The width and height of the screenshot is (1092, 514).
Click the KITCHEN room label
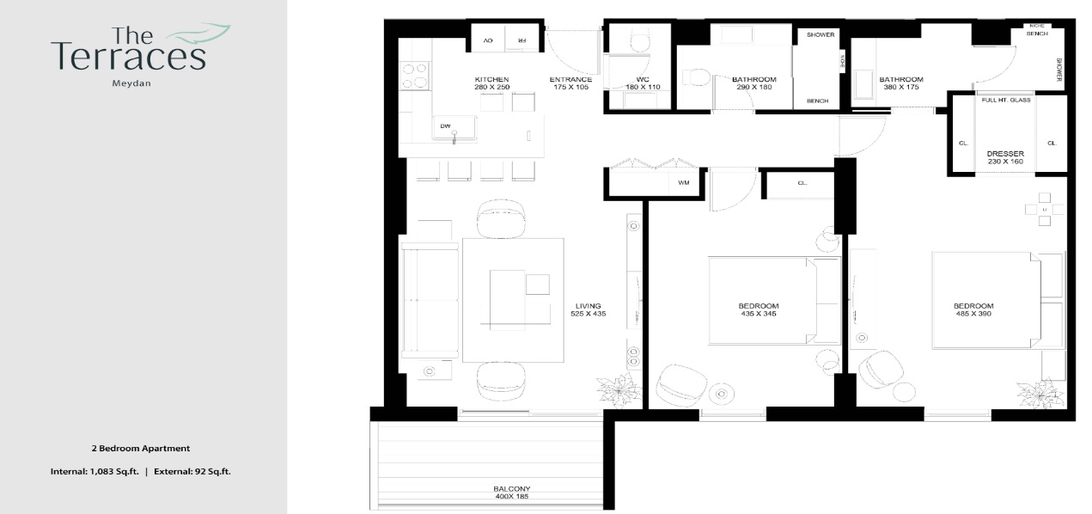pos(492,79)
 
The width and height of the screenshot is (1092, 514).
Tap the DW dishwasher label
pos(445,126)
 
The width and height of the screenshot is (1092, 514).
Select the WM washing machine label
pos(684,182)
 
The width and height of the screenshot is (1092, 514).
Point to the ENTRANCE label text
pos(570,79)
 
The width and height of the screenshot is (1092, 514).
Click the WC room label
pos(642,79)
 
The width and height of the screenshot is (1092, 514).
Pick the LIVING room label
pos(589,306)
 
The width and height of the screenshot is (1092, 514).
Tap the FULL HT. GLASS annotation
pos(1006,101)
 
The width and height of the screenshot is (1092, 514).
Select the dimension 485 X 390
pos(973,315)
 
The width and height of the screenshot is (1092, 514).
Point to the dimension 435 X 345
pos(758,315)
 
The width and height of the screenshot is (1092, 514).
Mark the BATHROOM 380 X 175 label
pos(900,83)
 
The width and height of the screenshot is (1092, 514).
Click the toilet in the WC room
pos(641,40)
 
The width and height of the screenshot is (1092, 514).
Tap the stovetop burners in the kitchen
pos(414,76)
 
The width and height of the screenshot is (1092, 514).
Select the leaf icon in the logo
pos(199,34)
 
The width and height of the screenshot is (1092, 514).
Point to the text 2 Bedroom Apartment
pos(140,449)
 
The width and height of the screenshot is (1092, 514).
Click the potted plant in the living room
pos(619,390)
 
